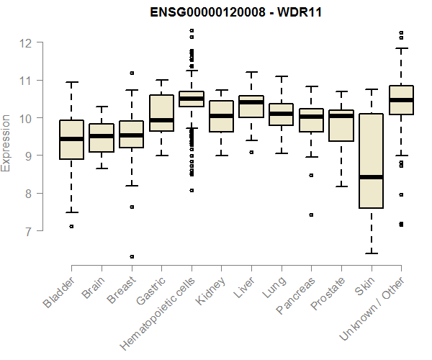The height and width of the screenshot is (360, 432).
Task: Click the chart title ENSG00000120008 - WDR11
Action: [235, 13]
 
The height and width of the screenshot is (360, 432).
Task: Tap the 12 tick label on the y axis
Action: [26, 42]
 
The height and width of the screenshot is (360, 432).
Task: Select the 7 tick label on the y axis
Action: [26, 231]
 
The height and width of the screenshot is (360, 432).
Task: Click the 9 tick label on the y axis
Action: [26, 156]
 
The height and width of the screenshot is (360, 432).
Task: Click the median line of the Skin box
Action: [372, 177]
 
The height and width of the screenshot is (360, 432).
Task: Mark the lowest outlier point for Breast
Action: [132, 256]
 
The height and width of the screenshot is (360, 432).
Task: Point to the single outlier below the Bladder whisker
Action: [71, 226]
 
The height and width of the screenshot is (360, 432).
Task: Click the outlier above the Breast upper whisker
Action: [132, 73]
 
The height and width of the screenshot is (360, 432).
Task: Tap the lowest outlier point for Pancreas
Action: [312, 215]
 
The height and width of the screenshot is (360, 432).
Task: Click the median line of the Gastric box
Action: [161, 120]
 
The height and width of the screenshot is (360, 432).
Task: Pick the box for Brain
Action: [102, 138]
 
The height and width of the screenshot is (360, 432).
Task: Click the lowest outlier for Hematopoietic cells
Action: [192, 190]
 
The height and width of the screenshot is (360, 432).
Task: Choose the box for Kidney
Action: [222, 116]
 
